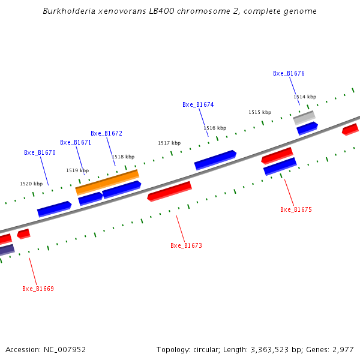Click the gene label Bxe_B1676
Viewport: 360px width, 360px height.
289,73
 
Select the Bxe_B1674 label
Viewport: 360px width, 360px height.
198,104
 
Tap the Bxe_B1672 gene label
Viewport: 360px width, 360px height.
106,133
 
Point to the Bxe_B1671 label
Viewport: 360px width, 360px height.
76,142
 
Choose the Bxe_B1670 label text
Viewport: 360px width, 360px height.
40,152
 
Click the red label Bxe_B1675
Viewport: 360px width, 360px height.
296,209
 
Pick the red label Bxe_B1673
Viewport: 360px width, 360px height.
186,245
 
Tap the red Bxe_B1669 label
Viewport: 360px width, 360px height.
38,289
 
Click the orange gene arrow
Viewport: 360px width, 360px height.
107,181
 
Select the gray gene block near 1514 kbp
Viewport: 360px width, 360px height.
304,117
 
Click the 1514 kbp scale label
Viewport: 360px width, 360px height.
304,97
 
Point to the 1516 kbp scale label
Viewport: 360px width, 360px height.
215,128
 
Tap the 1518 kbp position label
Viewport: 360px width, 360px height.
123,157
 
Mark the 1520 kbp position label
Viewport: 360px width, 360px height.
31,184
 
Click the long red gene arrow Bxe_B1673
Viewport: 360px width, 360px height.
170,191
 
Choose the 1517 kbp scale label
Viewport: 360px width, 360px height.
169,143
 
